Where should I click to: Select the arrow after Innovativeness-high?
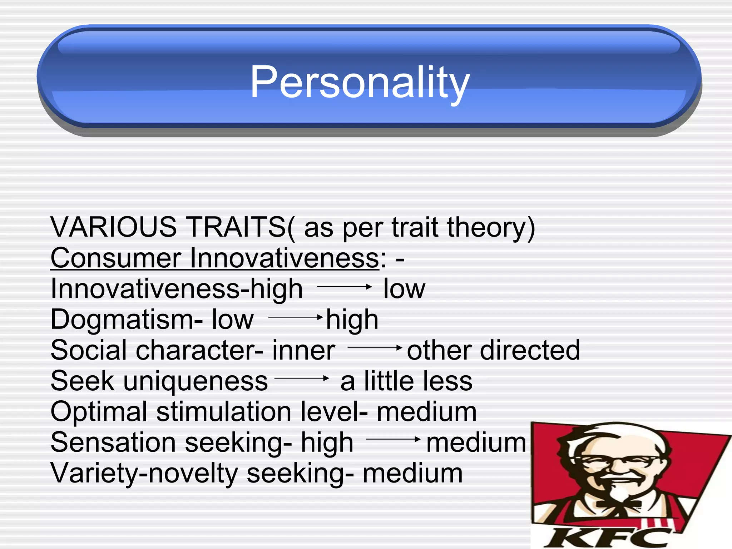coord(344,287)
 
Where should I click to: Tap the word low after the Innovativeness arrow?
coord(404,289)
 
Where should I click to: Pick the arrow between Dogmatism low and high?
coord(295,317)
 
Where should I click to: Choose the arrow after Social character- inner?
coord(375,347)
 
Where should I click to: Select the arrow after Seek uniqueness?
coord(302,378)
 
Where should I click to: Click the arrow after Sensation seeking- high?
coord(393,439)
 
